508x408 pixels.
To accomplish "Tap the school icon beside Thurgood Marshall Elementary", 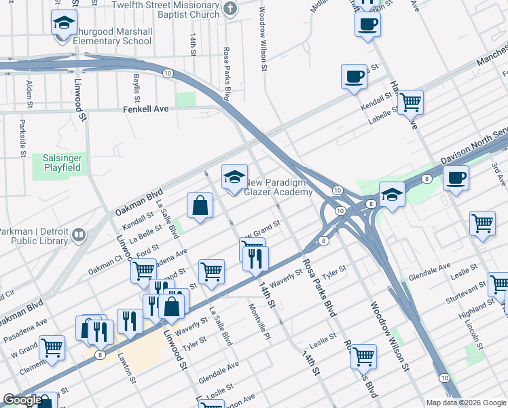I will point(65,24).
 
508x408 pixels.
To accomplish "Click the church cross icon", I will point(230,10).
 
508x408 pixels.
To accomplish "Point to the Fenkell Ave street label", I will point(145,109).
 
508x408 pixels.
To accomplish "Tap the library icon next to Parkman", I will point(79,235).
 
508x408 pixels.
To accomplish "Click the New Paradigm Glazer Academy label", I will point(278,187).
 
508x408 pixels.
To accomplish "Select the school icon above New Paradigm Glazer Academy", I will point(234,177).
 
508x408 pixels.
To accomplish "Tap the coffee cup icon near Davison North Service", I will point(455,178).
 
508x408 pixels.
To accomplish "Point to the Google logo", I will point(22,401).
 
